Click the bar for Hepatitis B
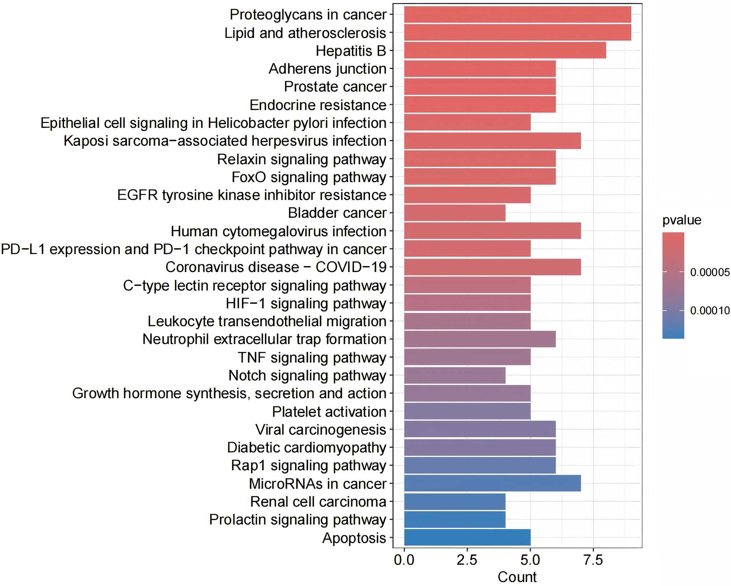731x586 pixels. click(x=505, y=50)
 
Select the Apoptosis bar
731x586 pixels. click(x=467, y=537)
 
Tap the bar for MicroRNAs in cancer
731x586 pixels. click(x=492, y=483)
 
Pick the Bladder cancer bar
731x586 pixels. click(x=455, y=213)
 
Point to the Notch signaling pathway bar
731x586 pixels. click(x=455, y=375)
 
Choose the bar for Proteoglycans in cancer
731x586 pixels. click(x=518, y=15)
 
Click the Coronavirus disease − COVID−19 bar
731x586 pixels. click(x=492, y=267)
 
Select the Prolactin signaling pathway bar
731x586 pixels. click(x=455, y=520)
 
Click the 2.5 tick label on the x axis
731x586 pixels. click(x=467, y=560)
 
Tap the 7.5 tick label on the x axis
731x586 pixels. click(x=593, y=560)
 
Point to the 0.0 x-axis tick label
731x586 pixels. click(x=404, y=560)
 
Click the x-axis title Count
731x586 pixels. click(x=517, y=577)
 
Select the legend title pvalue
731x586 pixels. click(x=682, y=220)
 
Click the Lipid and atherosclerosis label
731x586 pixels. click(x=305, y=33)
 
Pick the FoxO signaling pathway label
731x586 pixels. click(x=309, y=177)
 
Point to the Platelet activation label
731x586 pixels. click(x=329, y=411)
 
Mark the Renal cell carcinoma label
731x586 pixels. click(x=318, y=502)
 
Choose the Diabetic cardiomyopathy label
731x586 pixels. click(x=307, y=448)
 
